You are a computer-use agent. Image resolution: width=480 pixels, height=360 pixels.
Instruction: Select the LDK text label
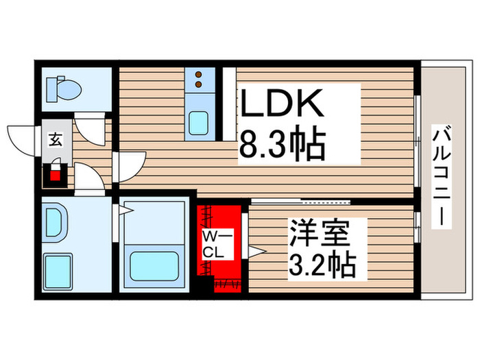click(x=282, y=106)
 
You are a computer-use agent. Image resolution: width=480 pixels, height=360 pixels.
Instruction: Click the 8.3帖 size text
click(x=282, y=145)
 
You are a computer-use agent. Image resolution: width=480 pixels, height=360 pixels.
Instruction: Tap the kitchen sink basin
click(x=202, y=123)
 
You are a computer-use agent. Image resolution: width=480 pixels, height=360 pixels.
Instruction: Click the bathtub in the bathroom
click(x=155, y=264)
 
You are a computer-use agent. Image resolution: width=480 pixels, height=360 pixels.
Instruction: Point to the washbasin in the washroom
click(x=56, y=223)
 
